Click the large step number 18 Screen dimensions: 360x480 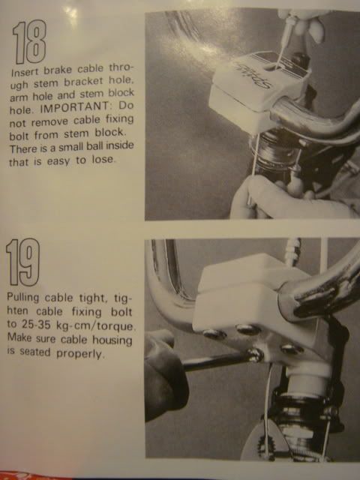click(29, 42)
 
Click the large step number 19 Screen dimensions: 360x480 click(23, 262)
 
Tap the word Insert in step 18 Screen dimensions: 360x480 click(25, 72)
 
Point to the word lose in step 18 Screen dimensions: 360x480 click(103, 160)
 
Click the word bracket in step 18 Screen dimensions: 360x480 click(83, 82)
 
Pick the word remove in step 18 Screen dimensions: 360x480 click(49, 121)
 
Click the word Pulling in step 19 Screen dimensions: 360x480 click(23, 298)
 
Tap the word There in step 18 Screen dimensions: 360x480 click(22, 149)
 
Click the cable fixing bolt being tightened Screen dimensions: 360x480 click(255, 355)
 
